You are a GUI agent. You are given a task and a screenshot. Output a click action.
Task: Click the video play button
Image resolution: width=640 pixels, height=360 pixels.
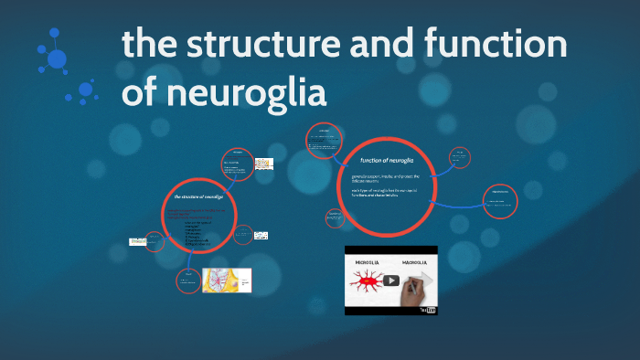[391, 281]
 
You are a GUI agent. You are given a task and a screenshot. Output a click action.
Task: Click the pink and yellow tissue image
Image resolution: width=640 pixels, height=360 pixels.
[226, 281]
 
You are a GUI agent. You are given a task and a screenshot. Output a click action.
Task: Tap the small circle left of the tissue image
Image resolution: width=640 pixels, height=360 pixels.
[187, 280]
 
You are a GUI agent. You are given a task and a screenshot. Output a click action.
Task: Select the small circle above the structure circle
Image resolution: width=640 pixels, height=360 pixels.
[237, 164]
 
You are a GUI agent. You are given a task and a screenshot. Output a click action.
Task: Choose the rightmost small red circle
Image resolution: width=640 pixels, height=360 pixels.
[500, 200]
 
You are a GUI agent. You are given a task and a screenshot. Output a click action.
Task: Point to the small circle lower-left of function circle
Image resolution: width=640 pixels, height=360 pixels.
[334, 217]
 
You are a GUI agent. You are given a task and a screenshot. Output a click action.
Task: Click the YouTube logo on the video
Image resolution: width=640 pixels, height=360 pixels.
[428, 311]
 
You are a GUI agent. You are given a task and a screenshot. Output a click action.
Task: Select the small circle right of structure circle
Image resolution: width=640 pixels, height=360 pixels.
[242, 234]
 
